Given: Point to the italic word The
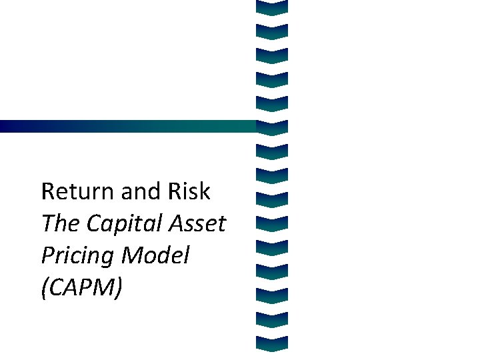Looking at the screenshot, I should pyautogui.click(x=59, y=224).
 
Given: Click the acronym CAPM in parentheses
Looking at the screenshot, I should pyautogui.click(x=82, y=288).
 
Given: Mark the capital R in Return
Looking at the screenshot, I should pyautogui.click(x=48, y=192).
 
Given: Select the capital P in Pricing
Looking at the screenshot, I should pyautogui.click(x=47, y=255).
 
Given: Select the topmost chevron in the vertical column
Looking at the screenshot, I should pyautogui.click(x=271, y=7).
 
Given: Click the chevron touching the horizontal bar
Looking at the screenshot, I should pyautogui.click(x=271, y=126).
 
